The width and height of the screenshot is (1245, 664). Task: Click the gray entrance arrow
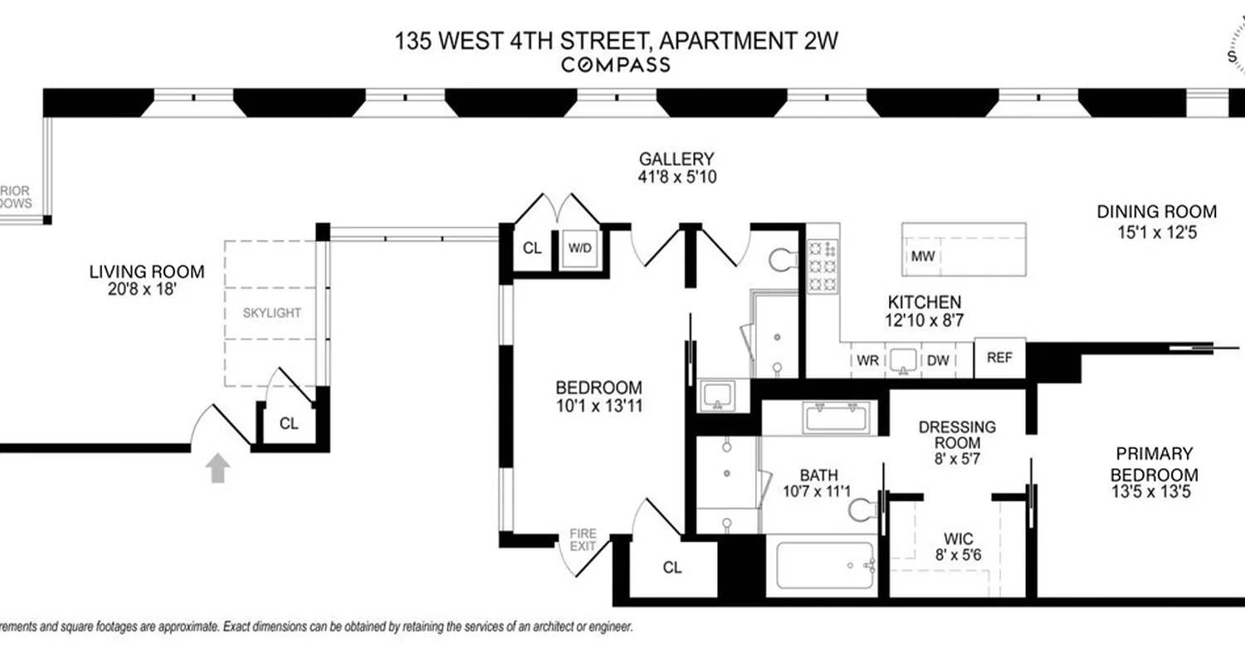(217, 467)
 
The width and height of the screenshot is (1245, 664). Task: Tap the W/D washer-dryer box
(579, 247)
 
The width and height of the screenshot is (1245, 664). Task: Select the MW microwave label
(923, 256)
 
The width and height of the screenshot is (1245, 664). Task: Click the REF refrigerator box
(999, 359)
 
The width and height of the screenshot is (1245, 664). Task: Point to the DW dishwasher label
(938, 361)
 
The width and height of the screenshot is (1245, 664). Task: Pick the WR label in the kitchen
(867, 361)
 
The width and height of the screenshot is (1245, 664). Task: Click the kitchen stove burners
(823, 266)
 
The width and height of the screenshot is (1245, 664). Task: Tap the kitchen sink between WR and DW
(903, 360)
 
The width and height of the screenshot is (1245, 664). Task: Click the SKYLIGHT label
(272, 313)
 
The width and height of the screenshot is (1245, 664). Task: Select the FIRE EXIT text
(583, 540)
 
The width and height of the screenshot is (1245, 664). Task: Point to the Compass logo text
(615, 65)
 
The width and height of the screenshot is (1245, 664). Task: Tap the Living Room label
(146, 271)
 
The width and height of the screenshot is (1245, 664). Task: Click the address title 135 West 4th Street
(614, 40)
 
